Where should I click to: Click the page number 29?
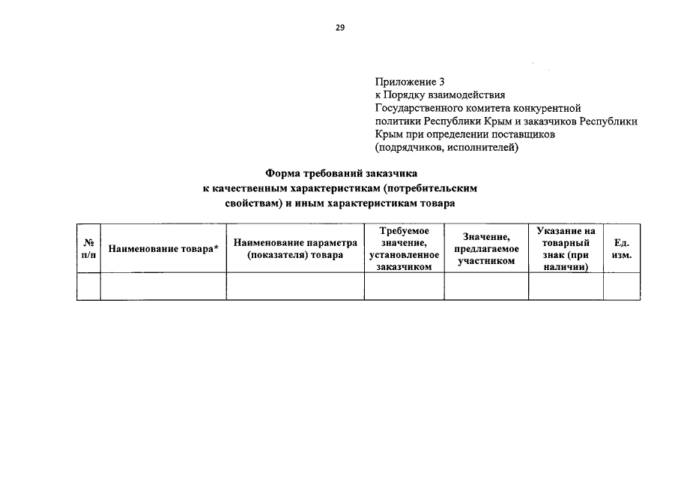[x=339, y=28]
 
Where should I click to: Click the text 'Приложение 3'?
[x=409, y=81]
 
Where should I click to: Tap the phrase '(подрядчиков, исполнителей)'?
[x=446, y=148]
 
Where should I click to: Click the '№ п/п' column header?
[x=88, y=249]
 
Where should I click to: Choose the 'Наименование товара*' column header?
[x=164, y=249]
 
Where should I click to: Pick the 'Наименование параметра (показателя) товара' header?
[x=295, y=249]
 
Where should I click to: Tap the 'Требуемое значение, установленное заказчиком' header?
[x=404, y=249]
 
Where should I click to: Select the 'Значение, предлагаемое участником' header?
[x=486, y=249]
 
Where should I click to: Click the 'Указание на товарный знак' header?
[x=566, y=249]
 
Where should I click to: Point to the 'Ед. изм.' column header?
[x=622, y=249]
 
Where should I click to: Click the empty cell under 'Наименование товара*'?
[x=164, y=286]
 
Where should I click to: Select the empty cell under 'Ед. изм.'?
[x=622, y=286]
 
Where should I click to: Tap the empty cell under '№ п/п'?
[x=88, y=286]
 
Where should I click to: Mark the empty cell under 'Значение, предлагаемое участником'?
[x=486, y=286]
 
